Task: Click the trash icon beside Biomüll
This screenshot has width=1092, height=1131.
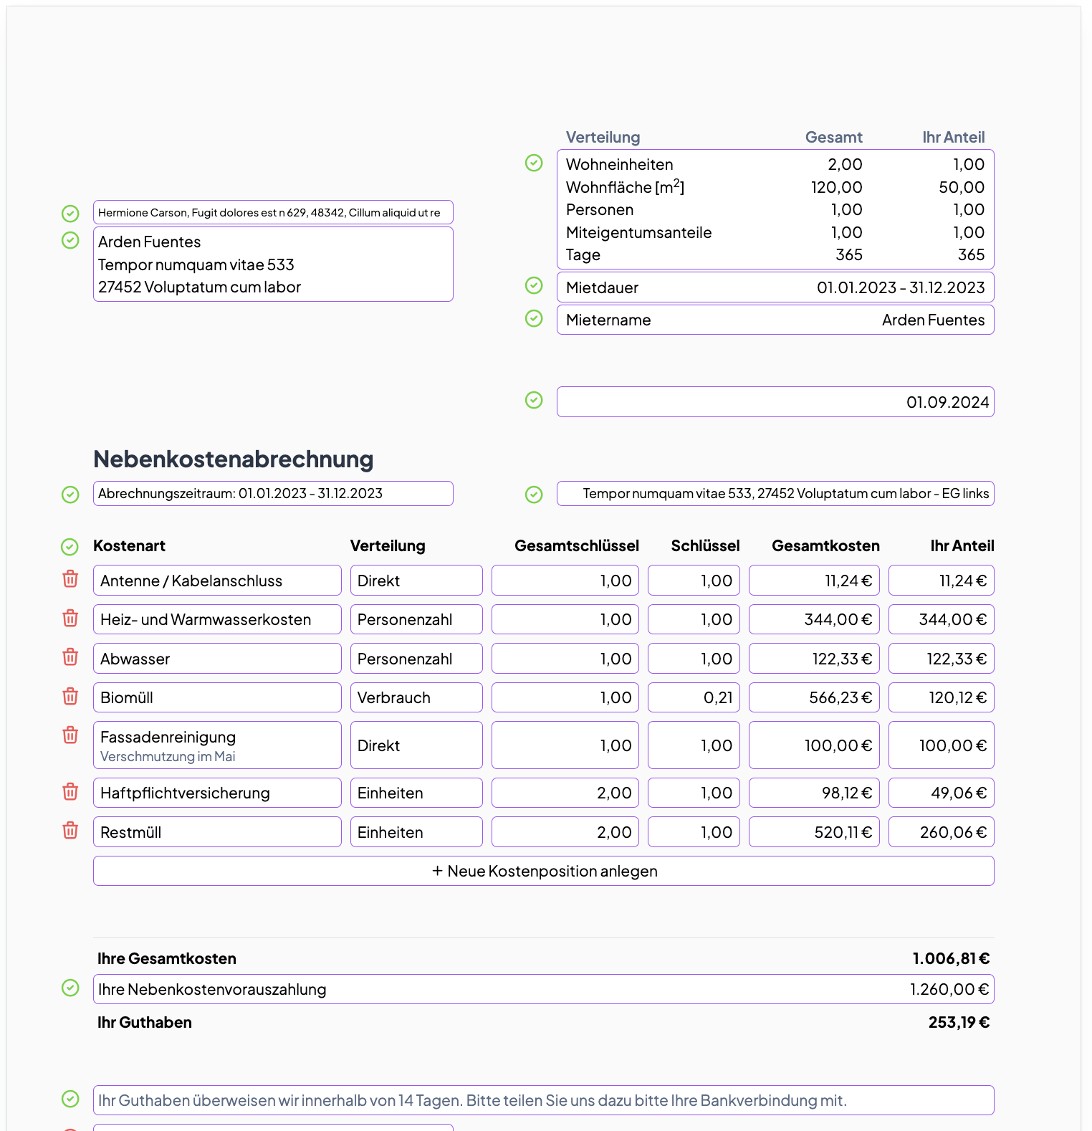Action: pos(70,697)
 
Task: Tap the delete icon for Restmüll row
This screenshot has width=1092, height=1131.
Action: pos(70,831)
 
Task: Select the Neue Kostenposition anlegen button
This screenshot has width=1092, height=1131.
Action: pos(543,871)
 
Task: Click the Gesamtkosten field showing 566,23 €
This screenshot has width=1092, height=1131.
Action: pos(814,697)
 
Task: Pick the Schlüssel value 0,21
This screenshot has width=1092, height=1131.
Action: pos(694,697)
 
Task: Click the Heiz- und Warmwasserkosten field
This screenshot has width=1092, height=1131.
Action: pos(217,619)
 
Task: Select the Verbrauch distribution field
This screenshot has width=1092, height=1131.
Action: pos(416,697)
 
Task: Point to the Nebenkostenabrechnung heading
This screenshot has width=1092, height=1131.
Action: pos(234,459)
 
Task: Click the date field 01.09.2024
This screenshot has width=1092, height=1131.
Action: pos(775,402)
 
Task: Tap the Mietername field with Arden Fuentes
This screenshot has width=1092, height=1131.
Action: pos(775,320)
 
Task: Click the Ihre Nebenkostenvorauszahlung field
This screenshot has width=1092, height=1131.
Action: pos(543,989)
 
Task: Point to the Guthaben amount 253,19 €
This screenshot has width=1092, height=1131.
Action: pos(958,1023)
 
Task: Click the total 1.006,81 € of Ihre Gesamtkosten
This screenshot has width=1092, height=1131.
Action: pos(950,959)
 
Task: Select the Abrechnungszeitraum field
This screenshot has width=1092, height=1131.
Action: pos(273,494)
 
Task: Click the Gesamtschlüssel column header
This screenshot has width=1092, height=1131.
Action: pos(576,546)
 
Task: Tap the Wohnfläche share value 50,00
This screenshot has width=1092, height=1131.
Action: pos(961,187)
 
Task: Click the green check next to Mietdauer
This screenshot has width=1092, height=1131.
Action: pos(534,286)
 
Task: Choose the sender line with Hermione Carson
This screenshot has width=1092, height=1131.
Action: pos(273,213)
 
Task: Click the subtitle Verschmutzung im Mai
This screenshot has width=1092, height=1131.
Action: pos(168,757)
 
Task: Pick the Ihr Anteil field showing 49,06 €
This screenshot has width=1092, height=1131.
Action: pos(941,793)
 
